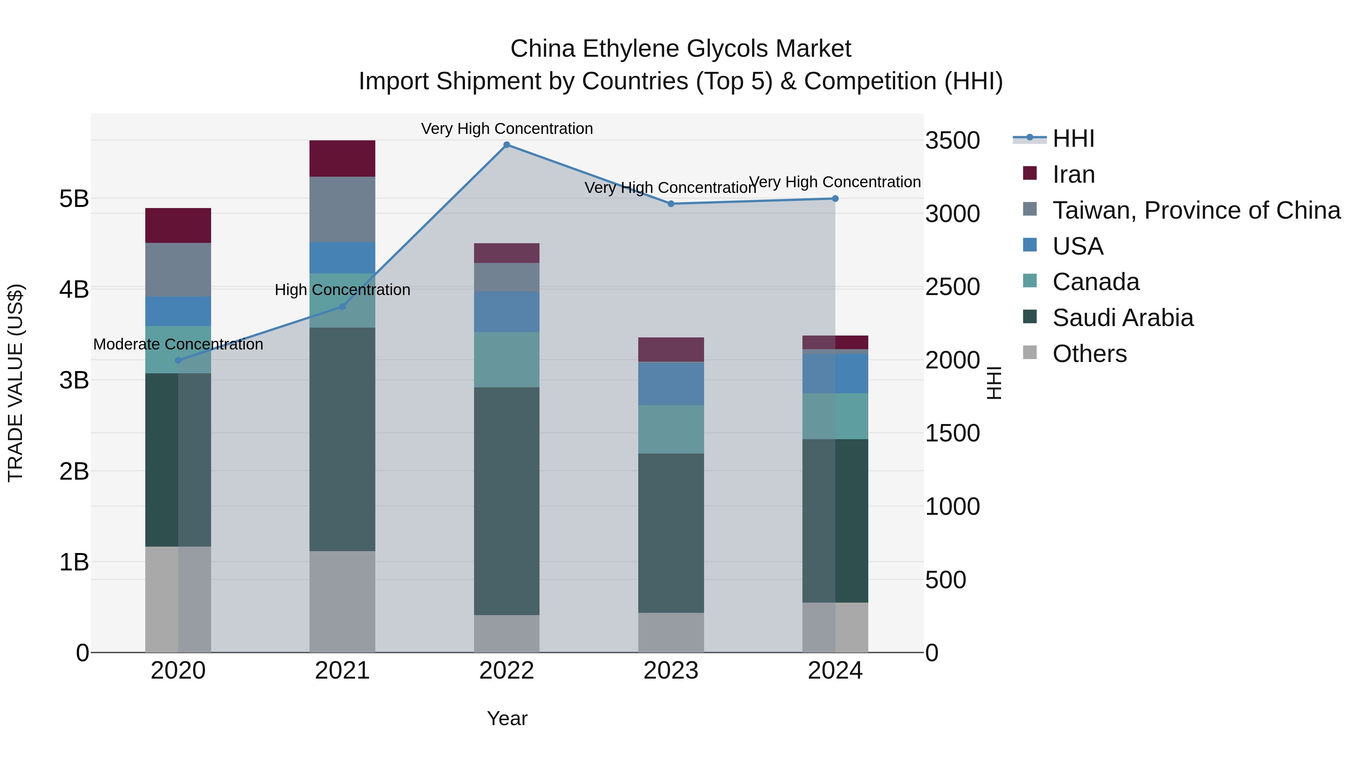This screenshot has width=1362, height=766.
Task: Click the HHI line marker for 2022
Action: (x=507, y=145)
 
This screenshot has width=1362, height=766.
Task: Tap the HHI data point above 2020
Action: (x=178, y=360)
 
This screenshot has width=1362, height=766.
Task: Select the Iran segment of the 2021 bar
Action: (x=342, y=158)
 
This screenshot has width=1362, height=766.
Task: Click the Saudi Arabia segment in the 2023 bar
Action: (x=671, y=533)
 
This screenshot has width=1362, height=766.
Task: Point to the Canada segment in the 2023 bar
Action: (x=671, y=429)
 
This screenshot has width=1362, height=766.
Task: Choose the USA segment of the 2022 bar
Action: (x=507, y=312)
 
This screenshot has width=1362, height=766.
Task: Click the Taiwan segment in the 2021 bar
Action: (x=342, y=209)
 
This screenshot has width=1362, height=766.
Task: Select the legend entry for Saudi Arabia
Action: (x=1122, y=318)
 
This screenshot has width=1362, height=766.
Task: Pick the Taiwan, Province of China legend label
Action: (x=1196, y=210)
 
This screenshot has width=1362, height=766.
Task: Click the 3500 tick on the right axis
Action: (x=952, y=141)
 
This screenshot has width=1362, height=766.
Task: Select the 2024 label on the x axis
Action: (x=835, y=671)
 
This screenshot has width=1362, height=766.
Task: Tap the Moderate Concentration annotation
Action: (x=178, y=344)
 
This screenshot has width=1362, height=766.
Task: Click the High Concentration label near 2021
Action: (x=342, y=290)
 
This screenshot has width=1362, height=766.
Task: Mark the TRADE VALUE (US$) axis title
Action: (x=16, y=383)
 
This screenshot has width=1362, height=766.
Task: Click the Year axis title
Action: (x=507, y=718)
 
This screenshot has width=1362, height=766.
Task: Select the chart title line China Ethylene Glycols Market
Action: (x=681, y=49)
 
